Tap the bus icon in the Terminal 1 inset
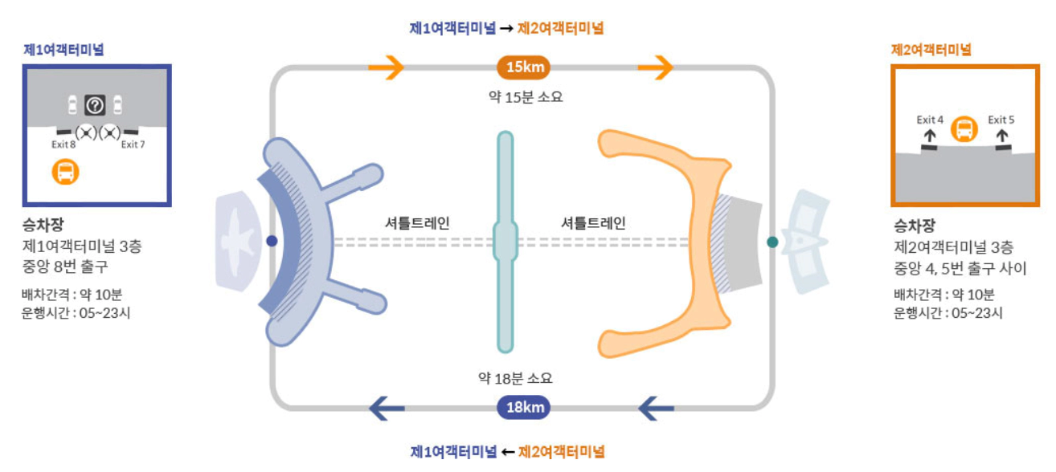click(65, 172)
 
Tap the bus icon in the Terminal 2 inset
click(964, 129)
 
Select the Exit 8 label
click(63, 145)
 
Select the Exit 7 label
click(133, 145)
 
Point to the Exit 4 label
click(930, 120)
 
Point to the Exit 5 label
click(1001, 120)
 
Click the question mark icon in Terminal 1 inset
click(95, 104)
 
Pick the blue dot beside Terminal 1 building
click(272, 241)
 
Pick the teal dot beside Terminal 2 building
click(772, 241)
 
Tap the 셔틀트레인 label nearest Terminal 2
click(593, 223)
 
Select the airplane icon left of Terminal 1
click(238, 241)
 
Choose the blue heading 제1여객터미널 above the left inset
click(63, 50)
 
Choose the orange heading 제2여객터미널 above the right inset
click(931, 50)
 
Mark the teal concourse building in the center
click(505, 241)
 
